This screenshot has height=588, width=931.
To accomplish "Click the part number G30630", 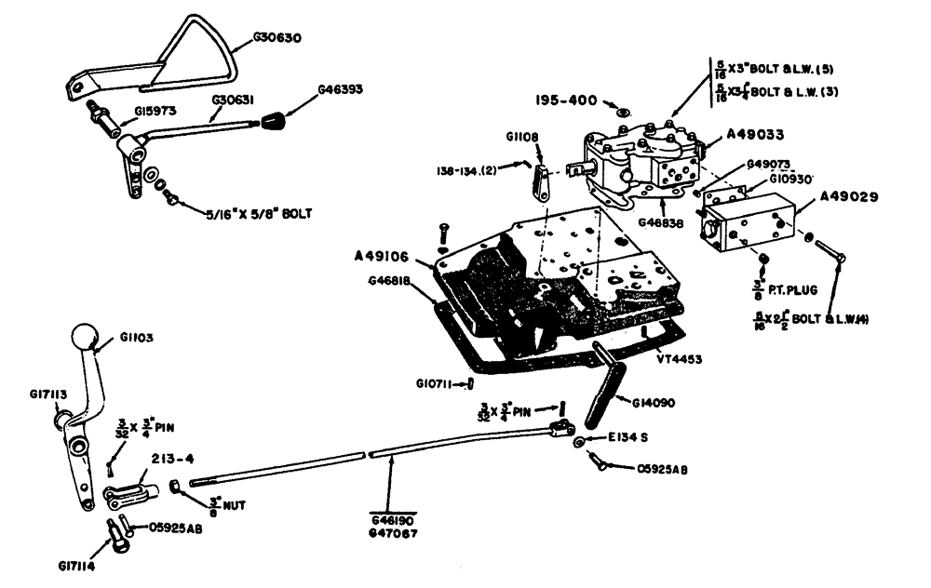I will point(277,39).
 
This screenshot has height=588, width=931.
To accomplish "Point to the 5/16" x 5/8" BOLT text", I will point(258,213).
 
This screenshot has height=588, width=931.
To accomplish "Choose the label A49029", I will point(850,196).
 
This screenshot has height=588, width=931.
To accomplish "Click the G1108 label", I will point(523,137).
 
